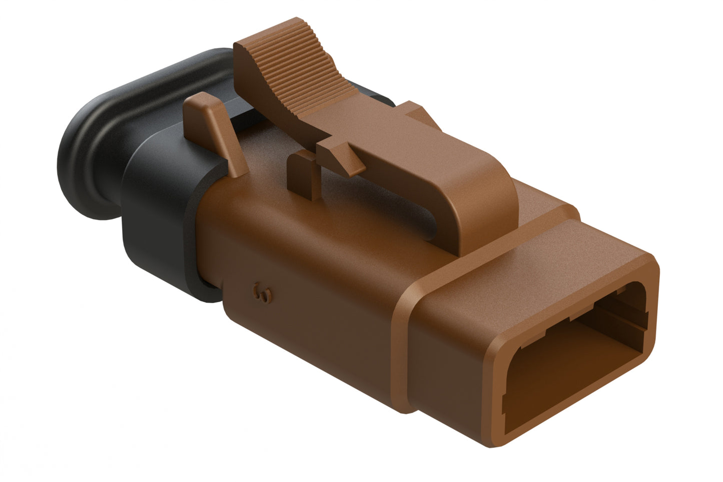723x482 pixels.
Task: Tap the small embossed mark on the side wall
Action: (262, 293)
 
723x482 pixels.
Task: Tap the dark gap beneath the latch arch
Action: (400, 210)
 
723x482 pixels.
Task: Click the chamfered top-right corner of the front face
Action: (650, 263)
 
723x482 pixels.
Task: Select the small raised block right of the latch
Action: (415, 113)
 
